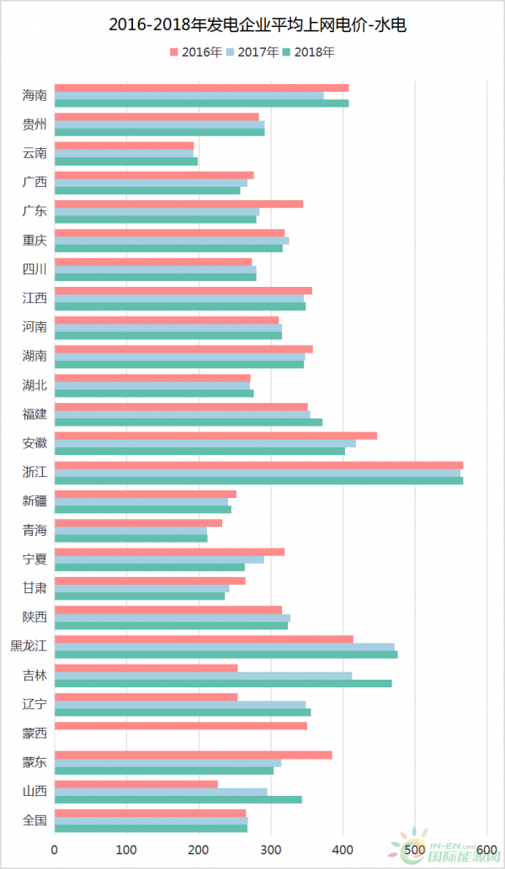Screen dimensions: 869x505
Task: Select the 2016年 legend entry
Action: [196, 52]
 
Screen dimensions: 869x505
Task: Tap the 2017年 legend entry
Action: [252, 52]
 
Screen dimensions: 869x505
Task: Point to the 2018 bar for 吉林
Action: [223, 683]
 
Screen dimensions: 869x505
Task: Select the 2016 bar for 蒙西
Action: [181, 725]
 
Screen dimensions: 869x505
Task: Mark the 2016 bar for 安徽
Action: [215, 436]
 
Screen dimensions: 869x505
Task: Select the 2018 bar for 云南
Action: [126, 161]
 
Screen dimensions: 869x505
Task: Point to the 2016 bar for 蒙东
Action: [193, 755]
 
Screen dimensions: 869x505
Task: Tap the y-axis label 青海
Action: [35, 530]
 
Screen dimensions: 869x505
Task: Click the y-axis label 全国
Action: [35, 820]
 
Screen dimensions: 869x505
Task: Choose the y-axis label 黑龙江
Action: [29, 646]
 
